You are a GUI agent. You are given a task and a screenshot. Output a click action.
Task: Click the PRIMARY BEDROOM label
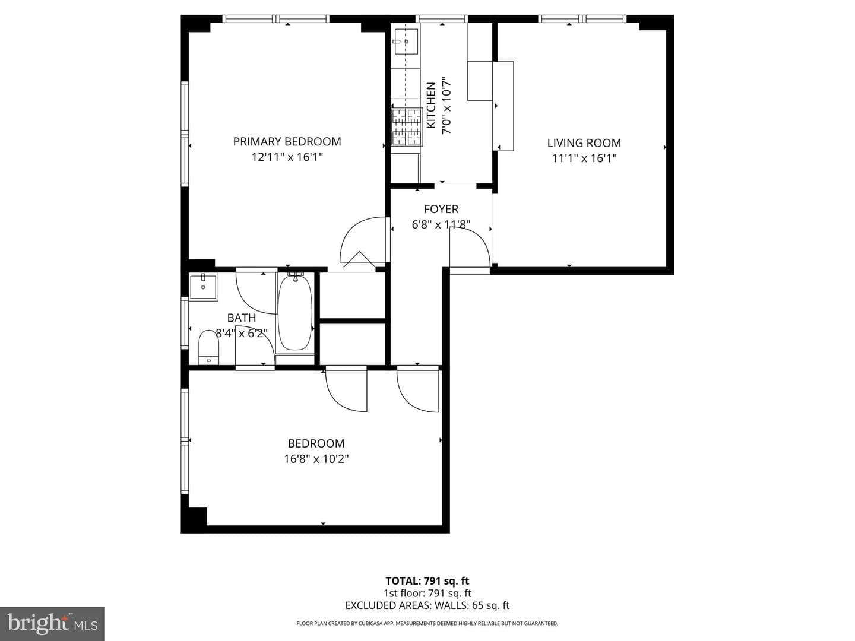click(x=287, y=141)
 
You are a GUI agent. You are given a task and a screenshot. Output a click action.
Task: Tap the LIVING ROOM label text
click(x=584, y=143)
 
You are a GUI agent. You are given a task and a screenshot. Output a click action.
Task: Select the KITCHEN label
click(x=431, y=105)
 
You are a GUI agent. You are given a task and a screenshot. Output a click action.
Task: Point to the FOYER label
click(x=441, y=209)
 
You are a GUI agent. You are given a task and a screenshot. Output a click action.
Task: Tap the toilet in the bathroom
click(x=208, y=347)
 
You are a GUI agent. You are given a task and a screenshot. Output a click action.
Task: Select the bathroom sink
click(x=203, y=286)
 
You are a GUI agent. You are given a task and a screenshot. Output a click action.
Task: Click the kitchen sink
click(x=406, y=42)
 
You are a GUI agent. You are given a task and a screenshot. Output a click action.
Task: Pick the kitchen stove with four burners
click(x=407, y=127)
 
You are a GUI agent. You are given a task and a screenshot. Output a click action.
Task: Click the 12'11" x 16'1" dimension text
click(x=287, y=157)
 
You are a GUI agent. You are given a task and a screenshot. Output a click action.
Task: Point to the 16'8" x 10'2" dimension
click(x=316, y=459)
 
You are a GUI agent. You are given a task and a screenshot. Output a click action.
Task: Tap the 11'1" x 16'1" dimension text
click(x=584, y=158)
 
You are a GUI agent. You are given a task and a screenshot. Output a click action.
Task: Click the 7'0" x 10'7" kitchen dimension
click(x=446, y=105)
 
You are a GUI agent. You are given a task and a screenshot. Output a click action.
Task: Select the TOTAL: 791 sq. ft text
click(x=427, y=581)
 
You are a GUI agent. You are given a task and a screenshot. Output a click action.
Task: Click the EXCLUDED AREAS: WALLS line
click(x=427, y=605)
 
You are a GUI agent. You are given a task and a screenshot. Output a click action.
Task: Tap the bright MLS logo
click(x=52, y=624)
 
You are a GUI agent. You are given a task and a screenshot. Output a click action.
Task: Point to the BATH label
click(x=242, y=318)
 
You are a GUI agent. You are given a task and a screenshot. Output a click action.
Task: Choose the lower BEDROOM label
click(x=316, y=443)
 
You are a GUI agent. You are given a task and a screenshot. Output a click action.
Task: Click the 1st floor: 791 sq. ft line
click(x=427, y=593)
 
